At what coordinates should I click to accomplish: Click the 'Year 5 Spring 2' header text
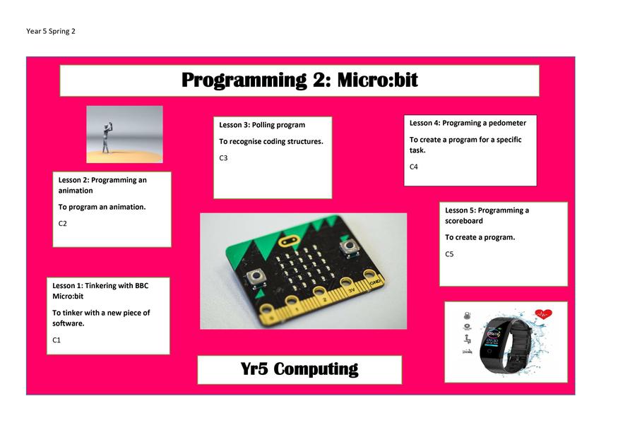coord(50,31)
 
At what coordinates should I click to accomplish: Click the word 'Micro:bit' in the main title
coord(377,80)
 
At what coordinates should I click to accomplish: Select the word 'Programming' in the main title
coord(244,80)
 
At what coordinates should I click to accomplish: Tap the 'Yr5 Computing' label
coord(299,369)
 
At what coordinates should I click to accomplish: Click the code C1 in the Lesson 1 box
coord(57,340)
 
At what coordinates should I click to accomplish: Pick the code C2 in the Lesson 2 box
coord(62,223)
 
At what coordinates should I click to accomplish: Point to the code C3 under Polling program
coord(223,158)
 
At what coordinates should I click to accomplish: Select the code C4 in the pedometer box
coord(413,167)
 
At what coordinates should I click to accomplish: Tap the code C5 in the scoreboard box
coord(449,254)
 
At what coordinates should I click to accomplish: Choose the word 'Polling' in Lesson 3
coord(263,125)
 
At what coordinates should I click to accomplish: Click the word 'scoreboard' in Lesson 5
coord(464,221)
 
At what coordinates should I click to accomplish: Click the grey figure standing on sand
coord(107,138)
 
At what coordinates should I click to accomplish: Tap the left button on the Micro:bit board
coord(256,277)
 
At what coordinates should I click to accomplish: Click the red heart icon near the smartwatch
coord(544,314)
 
